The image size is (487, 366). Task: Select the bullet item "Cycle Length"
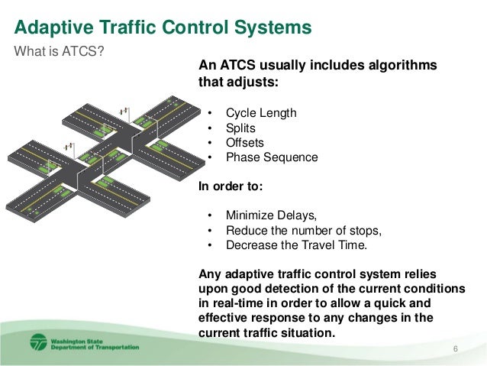[x=261, y=113]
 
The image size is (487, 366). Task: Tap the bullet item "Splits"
[x=240, y=128]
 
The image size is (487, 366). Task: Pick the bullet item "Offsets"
[x=245, y=143]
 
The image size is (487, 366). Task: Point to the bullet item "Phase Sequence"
[x=272, y=157]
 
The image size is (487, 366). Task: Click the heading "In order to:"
[x=230, y=186]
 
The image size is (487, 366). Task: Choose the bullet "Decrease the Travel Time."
[x=297, y=245]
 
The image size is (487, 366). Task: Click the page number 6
[x=456, y=349]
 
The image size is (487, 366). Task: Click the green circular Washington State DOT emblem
[x=38, y=342]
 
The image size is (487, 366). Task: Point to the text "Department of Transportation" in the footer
[x=95, y=347]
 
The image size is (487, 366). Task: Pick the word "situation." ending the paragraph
[x=309, y=333]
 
